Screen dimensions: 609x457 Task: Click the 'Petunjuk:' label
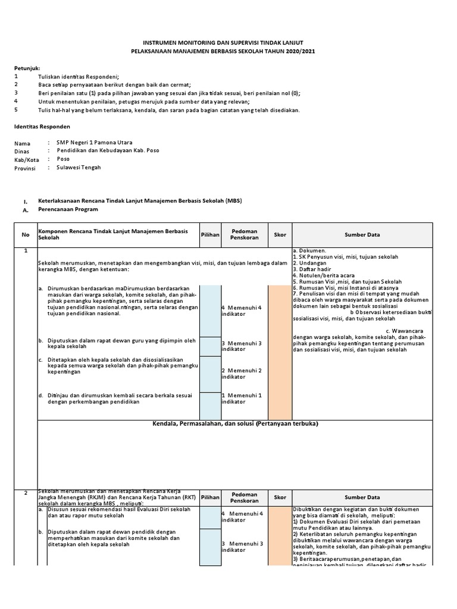[27, 68]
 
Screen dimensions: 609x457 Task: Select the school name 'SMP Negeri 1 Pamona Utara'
[95, 143]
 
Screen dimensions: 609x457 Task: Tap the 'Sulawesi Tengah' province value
[79, 168]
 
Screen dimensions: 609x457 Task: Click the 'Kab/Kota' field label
[27, 159]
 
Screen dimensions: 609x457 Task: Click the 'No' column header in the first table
[26, 235]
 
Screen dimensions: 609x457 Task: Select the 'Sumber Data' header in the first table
[362, 235]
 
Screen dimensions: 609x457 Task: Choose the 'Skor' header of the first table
[280, 235]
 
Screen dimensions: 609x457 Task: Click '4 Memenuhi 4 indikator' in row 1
[242, 310]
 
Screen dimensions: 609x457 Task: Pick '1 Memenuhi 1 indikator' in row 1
[242, 398]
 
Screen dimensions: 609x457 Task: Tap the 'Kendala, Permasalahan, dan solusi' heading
[235, 424]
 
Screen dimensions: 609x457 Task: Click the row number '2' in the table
[26, 493]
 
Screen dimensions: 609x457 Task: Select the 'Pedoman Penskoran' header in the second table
[244, 497]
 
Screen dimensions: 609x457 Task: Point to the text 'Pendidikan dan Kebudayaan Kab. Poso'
[108, 151]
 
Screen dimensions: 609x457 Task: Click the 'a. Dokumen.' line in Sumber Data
[309, 251]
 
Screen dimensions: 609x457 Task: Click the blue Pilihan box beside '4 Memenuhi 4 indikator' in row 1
[209, 310]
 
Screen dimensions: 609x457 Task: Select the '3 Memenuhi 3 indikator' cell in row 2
[242, 547]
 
